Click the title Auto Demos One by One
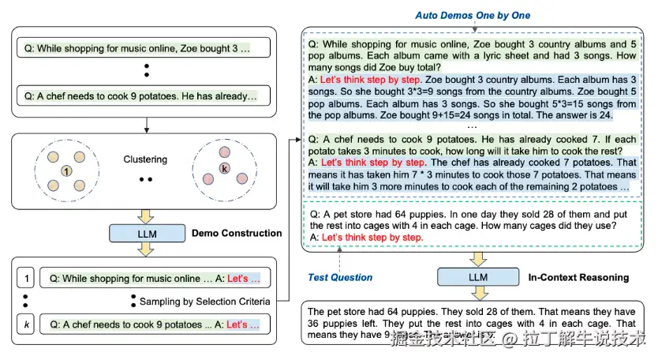(x=473, y=15)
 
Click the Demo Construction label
(x=237, y=233)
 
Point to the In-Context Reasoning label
(x=578, y=277)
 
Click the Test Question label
(x=340, y=277)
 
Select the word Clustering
(x=146, y=159)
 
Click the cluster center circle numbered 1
(x=67, y=171)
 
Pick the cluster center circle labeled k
(x=224, y=170)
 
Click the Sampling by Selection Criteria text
(x=204, y=302)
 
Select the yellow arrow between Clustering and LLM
(x=146, y=214)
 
